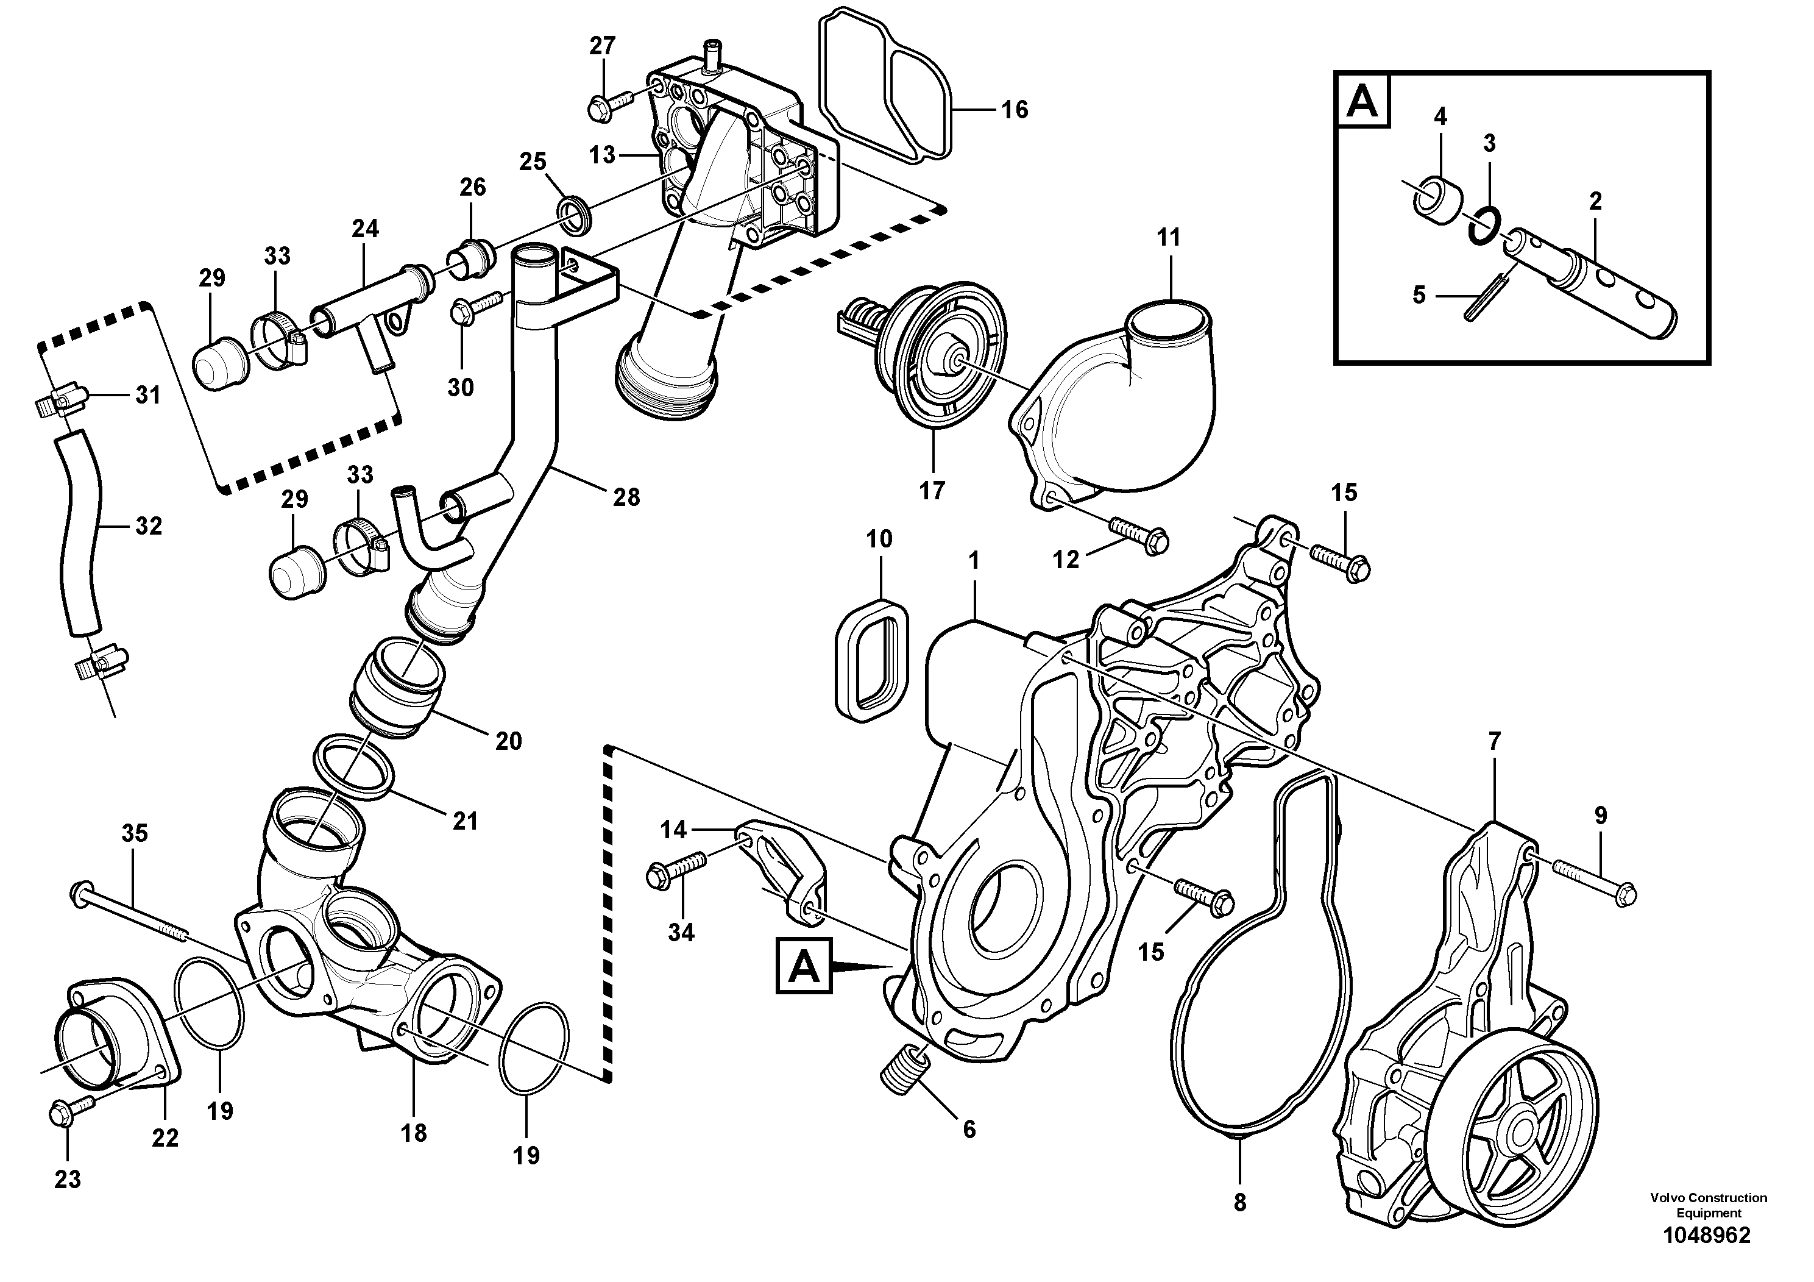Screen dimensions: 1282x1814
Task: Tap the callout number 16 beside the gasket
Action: tap(1015, 110)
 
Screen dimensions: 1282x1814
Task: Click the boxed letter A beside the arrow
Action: tap(802, 965)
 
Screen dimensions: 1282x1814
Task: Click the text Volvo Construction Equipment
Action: tap(1707, 1205)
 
